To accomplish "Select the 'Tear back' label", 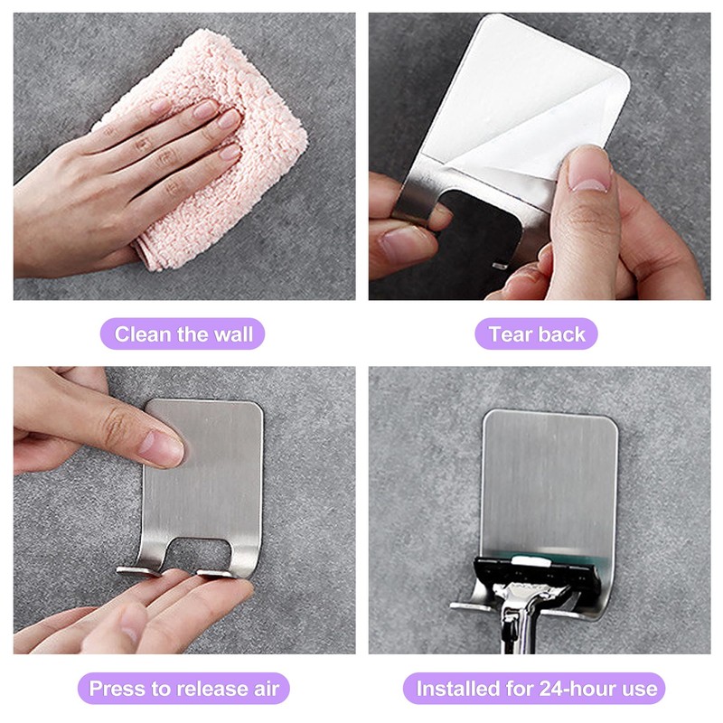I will click(537, 334).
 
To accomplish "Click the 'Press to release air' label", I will click(183, 688).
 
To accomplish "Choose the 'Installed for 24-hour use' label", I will click(537, 688).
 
